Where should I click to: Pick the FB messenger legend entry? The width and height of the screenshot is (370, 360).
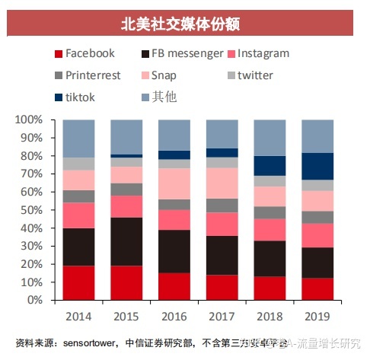[x=187, y=53]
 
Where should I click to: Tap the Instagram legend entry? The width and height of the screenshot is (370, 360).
[x=263, y=53]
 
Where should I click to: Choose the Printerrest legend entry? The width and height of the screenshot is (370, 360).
[x=94, y=75]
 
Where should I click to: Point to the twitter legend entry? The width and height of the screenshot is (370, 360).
[x=255, y=75]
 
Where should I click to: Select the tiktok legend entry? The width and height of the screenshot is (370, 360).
[x=83, y=97]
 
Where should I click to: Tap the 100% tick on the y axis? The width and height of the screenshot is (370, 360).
[x=30, y=120]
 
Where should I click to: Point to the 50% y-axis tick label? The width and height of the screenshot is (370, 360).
[x=32, y=210]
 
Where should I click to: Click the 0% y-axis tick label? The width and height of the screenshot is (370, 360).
[x=35, y=300]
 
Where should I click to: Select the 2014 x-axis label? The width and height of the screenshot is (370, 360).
[x=78, y=315]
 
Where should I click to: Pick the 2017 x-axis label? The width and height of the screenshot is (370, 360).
[x=222, y=315]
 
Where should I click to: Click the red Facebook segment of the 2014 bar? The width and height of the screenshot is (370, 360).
[x=78, y=282]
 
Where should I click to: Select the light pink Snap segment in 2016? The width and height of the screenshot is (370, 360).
[x=174, y=183]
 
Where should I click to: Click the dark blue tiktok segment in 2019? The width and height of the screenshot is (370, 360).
[x=317, y=166]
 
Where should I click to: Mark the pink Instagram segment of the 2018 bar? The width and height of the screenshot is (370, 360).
[x=270, y=230]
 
